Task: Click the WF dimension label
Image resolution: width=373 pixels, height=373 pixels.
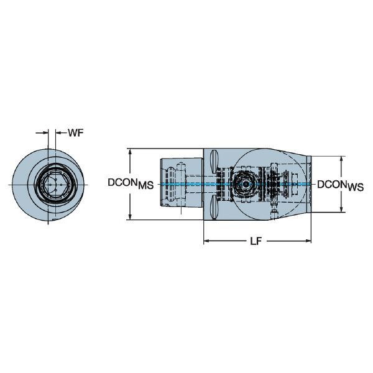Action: pos(76,132)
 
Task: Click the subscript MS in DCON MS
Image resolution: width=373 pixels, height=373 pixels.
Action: pos(145,186)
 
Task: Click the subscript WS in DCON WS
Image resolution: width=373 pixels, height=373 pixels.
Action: pos(355,186)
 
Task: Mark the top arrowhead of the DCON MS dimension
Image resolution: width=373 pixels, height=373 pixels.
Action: pos(129,151)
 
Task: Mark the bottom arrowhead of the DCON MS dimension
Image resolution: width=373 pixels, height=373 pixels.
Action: pos(129,216)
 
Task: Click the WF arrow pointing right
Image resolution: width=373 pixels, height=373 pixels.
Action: pos(45,132)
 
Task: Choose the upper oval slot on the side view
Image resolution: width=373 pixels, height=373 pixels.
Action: pos(213,163)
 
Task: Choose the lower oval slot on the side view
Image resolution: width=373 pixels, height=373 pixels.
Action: pos(213,206)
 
